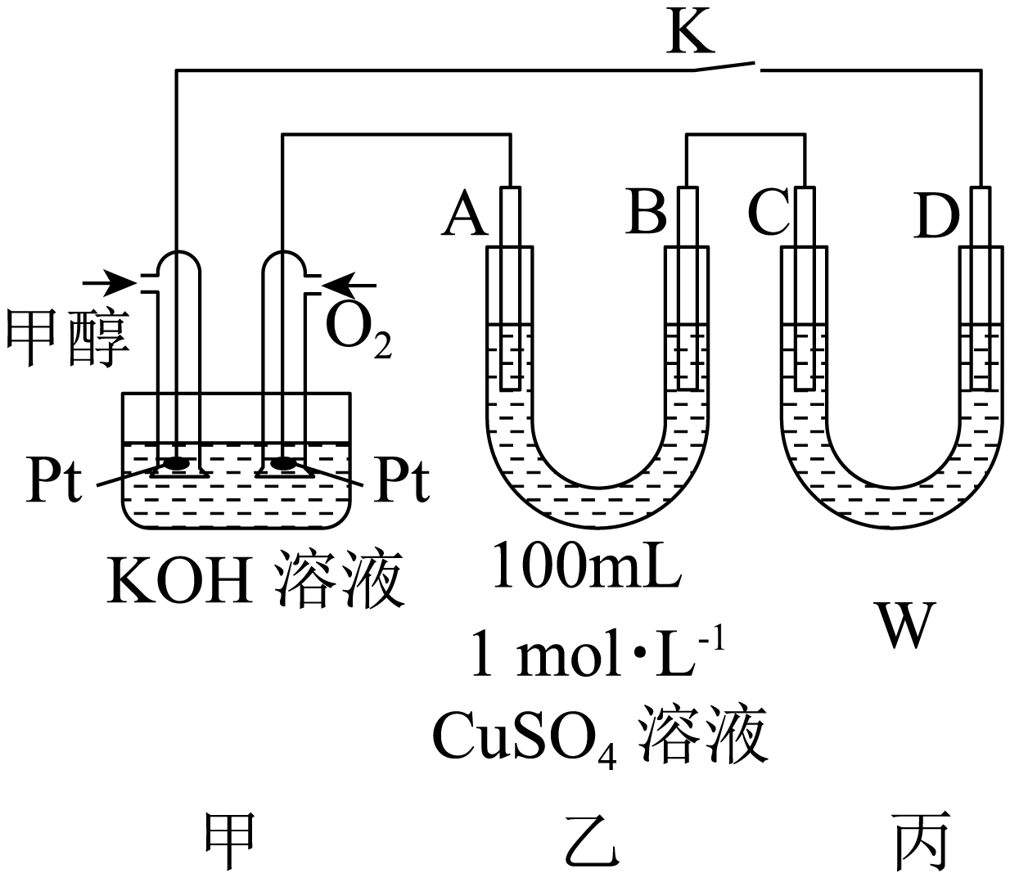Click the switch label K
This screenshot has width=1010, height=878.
click(690, 33)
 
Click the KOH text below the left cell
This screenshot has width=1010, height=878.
click(178, 579)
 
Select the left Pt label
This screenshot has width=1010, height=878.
click(54, 482)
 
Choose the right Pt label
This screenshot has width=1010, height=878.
click(401, 482)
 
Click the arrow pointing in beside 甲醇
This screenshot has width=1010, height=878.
click(109, 283)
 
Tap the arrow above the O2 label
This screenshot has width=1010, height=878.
click(350, 285)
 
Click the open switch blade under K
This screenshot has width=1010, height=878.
click(726, 64)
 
